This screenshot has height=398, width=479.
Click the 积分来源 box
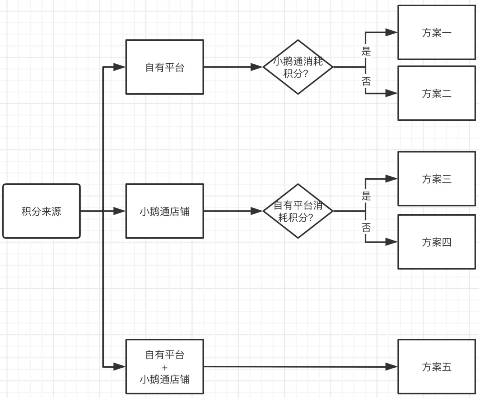point(41,211)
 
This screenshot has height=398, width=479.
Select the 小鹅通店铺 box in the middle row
point(165,211)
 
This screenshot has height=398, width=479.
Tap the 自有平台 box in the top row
point(165,67)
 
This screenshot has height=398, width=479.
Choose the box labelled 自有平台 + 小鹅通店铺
point(165,367)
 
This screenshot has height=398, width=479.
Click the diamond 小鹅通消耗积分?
point(298,67)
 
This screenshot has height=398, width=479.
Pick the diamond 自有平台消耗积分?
point(298,211)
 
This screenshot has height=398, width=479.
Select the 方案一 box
point(437,32)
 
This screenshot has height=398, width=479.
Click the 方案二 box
point(437,93)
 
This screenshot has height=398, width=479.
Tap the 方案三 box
point(437,179)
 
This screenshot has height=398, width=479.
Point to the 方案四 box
point(437,242)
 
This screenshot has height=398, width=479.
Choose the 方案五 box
point(437,367)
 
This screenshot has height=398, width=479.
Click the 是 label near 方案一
point(366,52)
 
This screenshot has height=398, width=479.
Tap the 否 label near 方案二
point(366,81)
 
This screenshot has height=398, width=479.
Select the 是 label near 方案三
point(366,196)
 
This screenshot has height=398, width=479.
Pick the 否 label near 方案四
point(366,228)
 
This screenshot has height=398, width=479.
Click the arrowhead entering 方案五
point(391,367)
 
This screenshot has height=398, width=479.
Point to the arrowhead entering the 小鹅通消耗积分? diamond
point(257,67)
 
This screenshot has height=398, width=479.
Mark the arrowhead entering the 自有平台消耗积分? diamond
point(257,211)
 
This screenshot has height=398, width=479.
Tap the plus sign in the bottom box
point(165,368)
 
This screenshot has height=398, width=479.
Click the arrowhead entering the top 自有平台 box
point(119,67)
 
